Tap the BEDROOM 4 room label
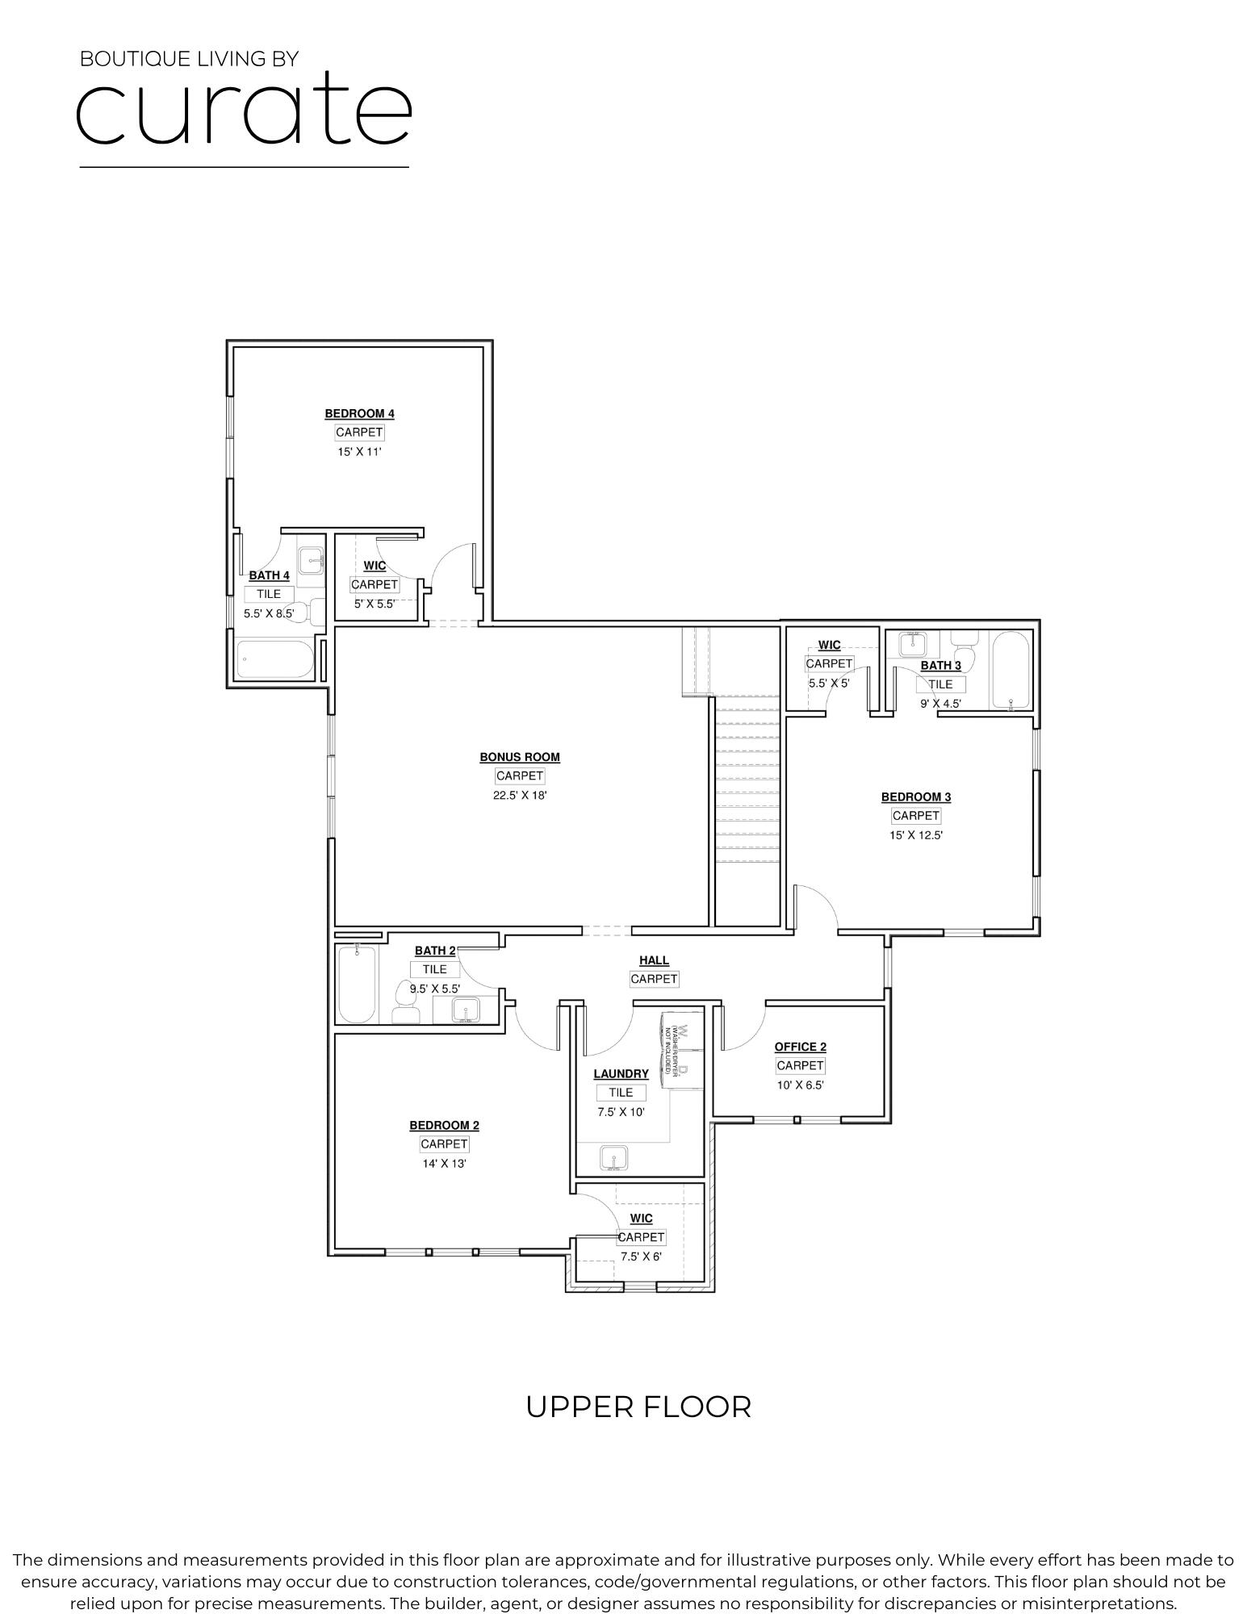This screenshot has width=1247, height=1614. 359,414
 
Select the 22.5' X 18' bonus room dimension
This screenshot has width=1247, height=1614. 520,795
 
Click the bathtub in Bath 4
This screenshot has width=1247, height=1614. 274,659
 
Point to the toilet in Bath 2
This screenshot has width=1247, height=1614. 404,1003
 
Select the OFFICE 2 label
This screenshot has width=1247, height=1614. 800,1047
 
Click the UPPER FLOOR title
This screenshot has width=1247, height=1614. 638,1407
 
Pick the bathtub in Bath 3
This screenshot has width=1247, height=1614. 1010,669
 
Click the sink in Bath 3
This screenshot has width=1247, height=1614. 913,644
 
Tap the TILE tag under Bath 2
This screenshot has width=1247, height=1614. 434,969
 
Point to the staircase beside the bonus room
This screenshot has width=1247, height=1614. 747,807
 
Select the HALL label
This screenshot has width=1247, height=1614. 654,960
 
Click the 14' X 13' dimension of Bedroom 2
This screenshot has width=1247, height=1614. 444,1164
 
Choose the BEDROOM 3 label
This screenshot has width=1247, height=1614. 915,797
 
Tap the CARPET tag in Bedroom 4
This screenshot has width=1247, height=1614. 359,433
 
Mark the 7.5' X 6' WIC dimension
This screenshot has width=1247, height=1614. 641,1256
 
